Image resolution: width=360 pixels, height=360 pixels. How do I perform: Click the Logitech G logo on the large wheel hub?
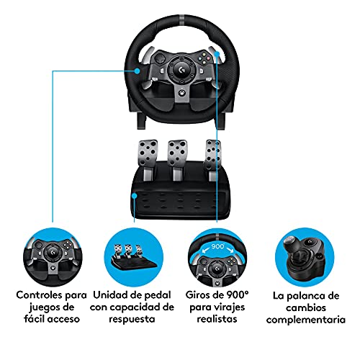tap(182, 70)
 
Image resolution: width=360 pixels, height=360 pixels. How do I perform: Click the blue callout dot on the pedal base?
tap(135, 196)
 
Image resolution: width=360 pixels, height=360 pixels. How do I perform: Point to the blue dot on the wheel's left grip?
tap(137, 71)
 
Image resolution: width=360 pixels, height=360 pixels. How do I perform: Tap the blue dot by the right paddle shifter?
tap(217, 54)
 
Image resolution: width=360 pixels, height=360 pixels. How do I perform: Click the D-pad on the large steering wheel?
tap(160, 59)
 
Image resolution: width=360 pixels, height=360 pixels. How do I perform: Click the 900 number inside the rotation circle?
tap(218, 246)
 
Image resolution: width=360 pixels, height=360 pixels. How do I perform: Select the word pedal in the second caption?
tap(158, 295)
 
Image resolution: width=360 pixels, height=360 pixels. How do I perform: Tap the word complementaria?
tap(306, 320)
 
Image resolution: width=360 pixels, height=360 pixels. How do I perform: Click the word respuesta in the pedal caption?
tap(132, 320)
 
